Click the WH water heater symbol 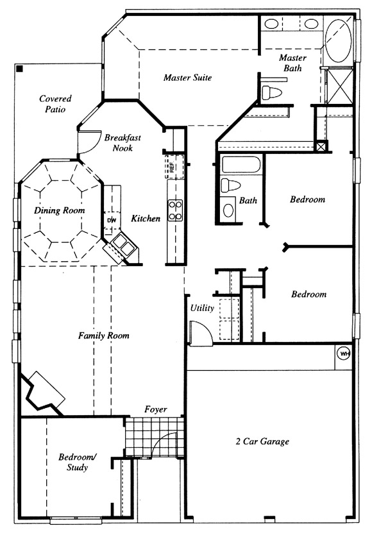coord(344,354)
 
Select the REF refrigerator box coord(174,166)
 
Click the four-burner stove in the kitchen coord(176,210)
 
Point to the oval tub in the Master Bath coord(338,40)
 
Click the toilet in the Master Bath coord(272,92)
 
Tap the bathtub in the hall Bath coord(241,165)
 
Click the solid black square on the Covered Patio coord(20,69)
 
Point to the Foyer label coord(156,409)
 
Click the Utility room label coord(202,308)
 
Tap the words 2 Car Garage coord(262,441)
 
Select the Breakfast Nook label coord(123,143)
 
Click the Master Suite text coord(187,78)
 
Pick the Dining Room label coord(60,210)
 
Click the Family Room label coord(104,335)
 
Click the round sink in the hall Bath coord(228,210)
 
